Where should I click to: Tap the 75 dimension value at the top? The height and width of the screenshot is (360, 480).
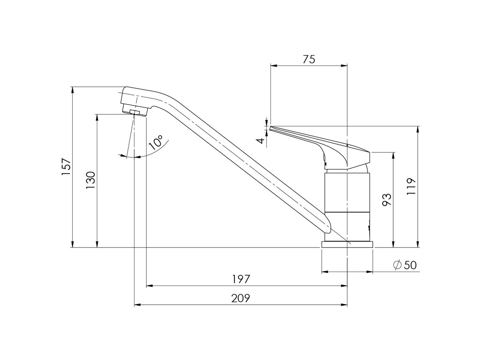tap(308, 59)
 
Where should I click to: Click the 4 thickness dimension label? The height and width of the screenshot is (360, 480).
tap(260, 140)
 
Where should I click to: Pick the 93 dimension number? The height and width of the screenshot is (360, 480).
tap(387, 199)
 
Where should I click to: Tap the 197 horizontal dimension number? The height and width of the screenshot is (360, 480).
tap(241, 279)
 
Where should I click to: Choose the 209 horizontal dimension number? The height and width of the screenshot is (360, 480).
tap(241, 298)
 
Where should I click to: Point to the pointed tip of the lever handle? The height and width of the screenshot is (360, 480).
tap(272, 128)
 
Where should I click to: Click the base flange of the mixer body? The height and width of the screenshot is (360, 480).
tap(347, 244)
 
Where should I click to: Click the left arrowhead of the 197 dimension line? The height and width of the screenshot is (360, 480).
tap(149, 286)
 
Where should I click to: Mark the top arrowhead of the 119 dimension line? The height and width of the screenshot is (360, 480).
tap(418, 129)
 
